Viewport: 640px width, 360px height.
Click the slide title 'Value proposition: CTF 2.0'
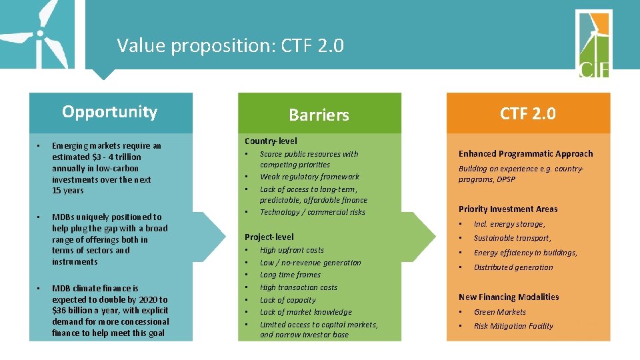[230, 45]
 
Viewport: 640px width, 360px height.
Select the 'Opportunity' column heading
[109, 111]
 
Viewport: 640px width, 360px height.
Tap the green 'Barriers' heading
[319, 115]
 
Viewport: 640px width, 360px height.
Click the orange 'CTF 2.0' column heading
[528, 113]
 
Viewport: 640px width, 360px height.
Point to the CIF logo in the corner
[593, 44]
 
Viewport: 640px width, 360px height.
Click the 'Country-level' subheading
[271, 141]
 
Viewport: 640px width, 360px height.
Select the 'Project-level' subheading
[269, 237]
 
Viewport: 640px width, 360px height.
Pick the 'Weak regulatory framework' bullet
[309, 177]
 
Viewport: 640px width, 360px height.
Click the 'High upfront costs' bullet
[292, 250]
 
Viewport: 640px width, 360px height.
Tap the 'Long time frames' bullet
[290, 275]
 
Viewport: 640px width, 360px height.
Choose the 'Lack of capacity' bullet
[287, 300]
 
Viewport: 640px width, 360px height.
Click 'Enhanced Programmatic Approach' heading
[525, 153]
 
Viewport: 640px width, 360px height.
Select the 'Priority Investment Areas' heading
[508, 209]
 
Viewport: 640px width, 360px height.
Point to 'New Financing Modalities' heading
[509, 297]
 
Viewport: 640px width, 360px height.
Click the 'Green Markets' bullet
[500, 312]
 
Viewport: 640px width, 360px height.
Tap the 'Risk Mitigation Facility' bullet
[513, 326]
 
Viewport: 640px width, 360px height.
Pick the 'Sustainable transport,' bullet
[512, 238]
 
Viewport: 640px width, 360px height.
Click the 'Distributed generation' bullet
[513, 267]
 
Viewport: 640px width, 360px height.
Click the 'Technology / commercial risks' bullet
[313, 212]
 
